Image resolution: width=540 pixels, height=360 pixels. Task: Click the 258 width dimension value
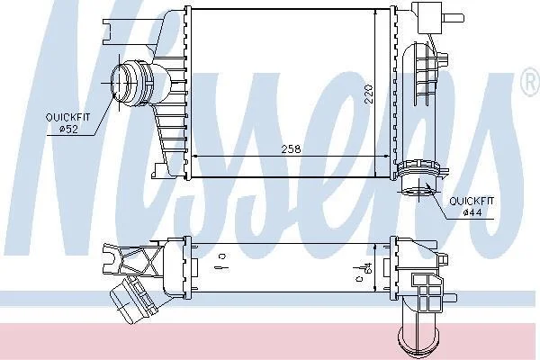click(x=291, y=149)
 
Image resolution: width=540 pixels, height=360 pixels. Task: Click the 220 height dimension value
click(x=369, y=94)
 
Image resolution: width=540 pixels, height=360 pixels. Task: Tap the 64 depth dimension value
click(x=369, y=269)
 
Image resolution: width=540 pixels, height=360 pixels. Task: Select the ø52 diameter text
click(x=69, y=130)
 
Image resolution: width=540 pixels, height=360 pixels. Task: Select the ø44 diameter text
click(x=472, y=213)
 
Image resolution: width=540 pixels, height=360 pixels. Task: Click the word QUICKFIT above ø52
click(x=67, y=118)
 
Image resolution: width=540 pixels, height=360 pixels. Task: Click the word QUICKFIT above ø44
click(x=472, y=201)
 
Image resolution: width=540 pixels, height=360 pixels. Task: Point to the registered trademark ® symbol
click(x=531, y=83)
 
